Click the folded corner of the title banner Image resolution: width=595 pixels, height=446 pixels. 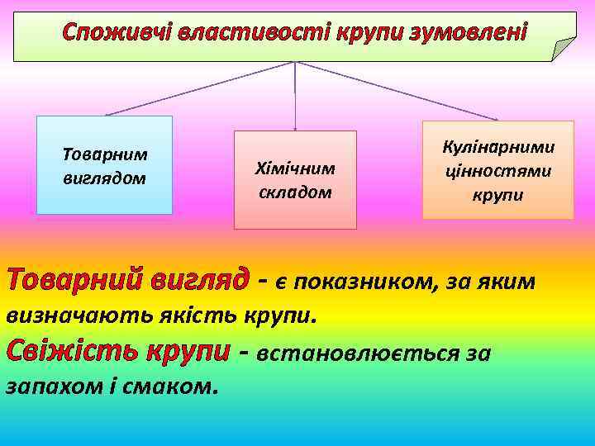coord(564,50)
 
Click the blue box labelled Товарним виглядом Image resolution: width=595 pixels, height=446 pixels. coord(104,165)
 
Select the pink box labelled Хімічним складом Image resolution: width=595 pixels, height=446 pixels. coord(295,180)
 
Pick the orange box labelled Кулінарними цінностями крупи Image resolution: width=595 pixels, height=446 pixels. coord(497,170)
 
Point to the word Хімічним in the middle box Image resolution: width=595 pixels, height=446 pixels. coord(295,168)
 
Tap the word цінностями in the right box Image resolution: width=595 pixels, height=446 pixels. coord(497,171)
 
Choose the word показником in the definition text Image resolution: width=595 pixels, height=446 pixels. coord(367,282)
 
